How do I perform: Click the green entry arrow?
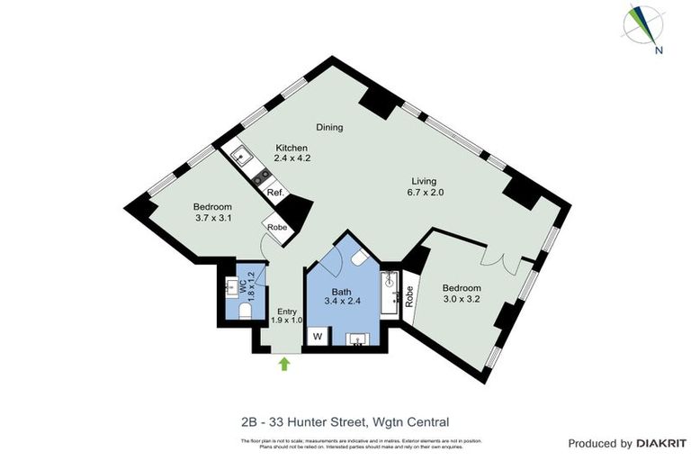pos(284,364)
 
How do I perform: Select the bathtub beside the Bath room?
pos(390,294)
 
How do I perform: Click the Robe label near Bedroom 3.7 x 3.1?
pos(276,228)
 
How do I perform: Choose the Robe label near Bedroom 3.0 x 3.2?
pos(409,297)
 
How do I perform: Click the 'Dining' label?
pos(329,127)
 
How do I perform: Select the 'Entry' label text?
pos(285,312)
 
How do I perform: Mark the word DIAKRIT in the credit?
pos(662,443)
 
